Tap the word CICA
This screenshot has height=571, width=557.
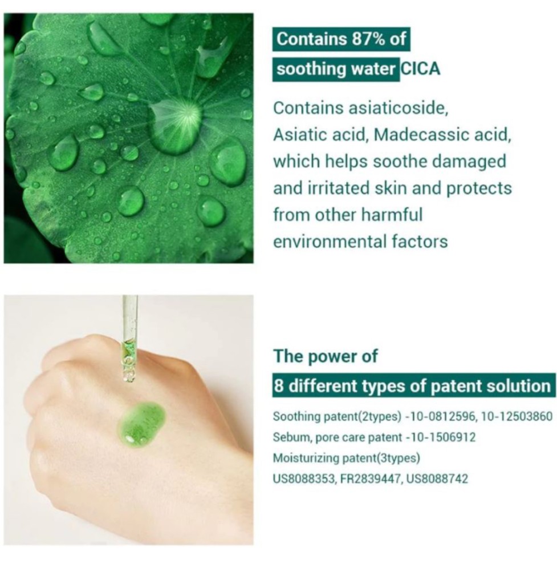coord(421,69)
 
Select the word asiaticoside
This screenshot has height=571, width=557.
coord(398,108)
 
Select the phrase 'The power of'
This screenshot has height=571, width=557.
coord(326,356)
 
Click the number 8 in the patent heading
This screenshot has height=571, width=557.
coord(279,385)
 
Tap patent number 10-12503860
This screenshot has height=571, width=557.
coord(517,416)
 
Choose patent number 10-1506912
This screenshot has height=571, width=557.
coord(442,437)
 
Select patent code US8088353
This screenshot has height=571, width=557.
coord(304,478)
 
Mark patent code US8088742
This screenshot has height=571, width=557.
coord(437,478)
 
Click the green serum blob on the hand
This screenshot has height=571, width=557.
coord(142,423)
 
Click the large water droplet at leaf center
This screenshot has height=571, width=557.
coord(175,125)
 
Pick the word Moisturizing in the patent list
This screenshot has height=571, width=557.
coord(306,458)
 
